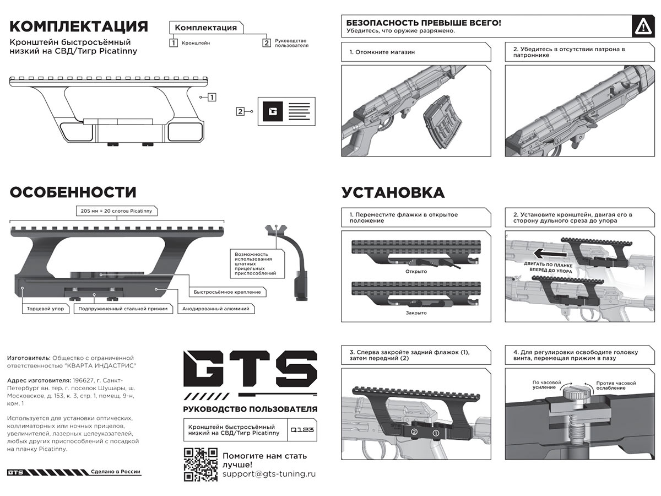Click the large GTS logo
pyautogui.click(x=251, y=373)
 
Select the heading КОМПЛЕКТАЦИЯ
pyautogui.click(x=79, y=26)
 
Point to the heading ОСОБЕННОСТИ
pyautogui.click(x=73, y=192)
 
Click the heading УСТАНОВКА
pyautogui.click(x=393, y=193)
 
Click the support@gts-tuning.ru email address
pyautogui.click(x=269, y=474)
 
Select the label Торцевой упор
pyautogui.click(x=45, y=309)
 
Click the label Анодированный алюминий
pyautogui.click(x=216, y=309)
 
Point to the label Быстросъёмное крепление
pyautogui.click(x=227, y=292)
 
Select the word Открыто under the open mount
pyautogui.click(x=416, y=272)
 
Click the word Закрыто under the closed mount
pyautogui.click(x=416, y=312)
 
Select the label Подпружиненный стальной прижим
pyautogui.click(x=123, y=309)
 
